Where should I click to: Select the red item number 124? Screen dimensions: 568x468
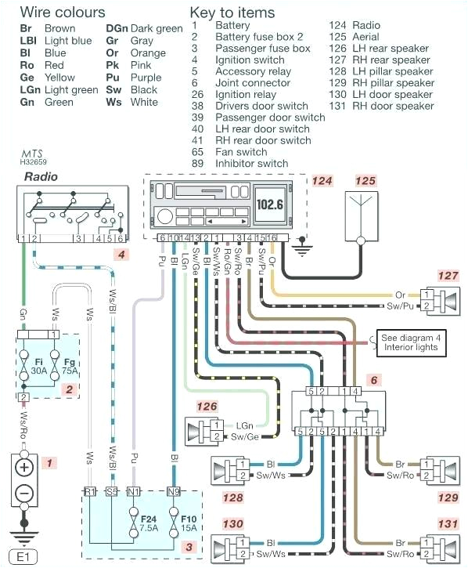[322, 182]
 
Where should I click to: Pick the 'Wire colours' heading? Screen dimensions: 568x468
[62, 13]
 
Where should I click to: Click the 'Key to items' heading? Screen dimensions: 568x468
[232, 13]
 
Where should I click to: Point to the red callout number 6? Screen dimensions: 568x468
[375, 380]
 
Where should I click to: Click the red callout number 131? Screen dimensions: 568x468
[446, 524]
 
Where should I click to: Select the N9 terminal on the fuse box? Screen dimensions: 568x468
[174, 492]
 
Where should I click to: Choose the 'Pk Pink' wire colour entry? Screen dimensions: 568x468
[129, 65]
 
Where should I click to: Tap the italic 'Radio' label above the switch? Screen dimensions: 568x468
[41, 177]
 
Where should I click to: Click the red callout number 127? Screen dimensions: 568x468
[447, 275]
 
